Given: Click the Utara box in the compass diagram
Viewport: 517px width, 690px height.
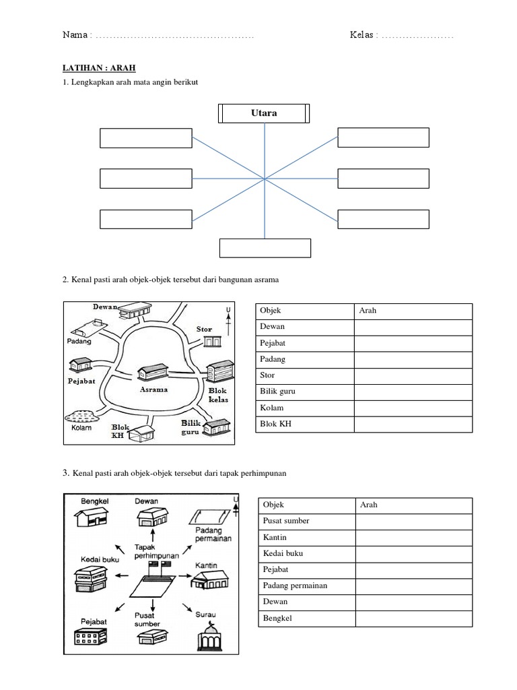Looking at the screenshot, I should tap(265, 113).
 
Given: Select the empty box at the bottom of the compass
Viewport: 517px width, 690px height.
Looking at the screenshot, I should tap(265, 248).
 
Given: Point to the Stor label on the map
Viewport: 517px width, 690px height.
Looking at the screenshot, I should tap(204, 330).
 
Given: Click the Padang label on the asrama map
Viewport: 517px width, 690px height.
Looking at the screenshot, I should tap(79, 342).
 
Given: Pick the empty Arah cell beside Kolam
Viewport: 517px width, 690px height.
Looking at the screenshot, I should tap(413, 408).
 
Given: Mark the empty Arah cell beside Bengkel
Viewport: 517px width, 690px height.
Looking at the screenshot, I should tap(413, 618).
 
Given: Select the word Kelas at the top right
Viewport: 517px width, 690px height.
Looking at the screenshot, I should tap(362, 35).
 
